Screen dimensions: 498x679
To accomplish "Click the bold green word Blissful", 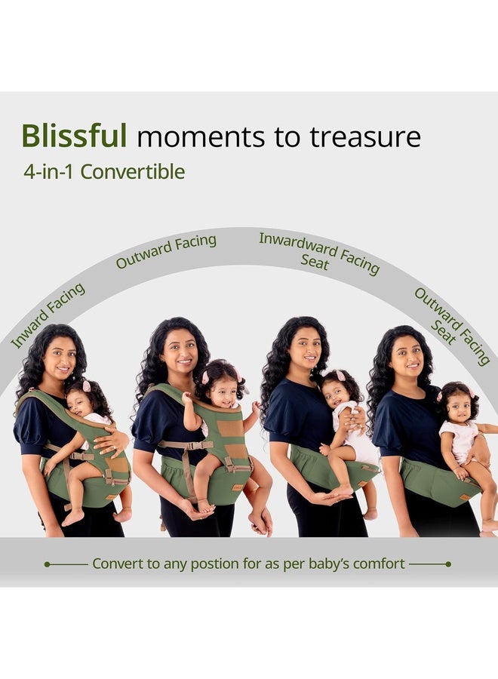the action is [x=74, y=135].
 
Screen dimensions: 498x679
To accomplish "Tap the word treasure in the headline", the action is [x=364, y=137].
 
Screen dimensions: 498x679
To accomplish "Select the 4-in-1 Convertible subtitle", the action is [x=104, y=172].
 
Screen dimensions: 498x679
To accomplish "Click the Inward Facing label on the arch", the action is [x=48, y=315].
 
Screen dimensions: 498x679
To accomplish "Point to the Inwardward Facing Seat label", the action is [x=318, y=254].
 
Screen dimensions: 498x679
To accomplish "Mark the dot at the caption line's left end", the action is [x=48, y=564].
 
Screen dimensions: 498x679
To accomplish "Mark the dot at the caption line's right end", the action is [x=448, y=564].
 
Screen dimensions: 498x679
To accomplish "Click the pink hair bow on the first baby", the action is [x=87, y=386].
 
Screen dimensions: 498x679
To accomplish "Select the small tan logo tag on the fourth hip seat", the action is [x=465, y=497].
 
